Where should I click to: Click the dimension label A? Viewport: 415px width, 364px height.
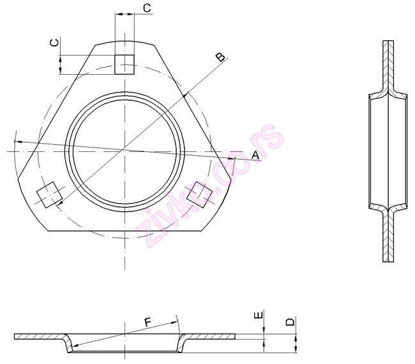point(255,155)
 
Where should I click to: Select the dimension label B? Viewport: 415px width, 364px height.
point(219,57)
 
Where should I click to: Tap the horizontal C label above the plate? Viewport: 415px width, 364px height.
point(146,8)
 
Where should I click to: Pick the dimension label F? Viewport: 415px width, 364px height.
point(147,323)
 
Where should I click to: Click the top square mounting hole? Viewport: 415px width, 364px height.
point(124,64)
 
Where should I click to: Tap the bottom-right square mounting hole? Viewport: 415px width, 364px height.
point(200,194)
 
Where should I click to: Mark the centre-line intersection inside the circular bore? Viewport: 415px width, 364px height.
point(125,151)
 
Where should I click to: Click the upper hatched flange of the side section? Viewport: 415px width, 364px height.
point(389,64)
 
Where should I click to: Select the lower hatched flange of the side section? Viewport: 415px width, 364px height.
point(389,236)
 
